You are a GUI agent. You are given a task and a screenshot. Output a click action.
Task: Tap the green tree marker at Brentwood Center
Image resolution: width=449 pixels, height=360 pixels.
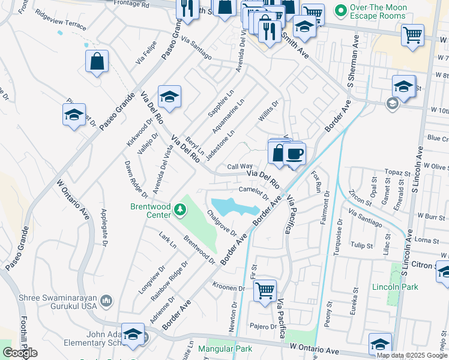(180, 210)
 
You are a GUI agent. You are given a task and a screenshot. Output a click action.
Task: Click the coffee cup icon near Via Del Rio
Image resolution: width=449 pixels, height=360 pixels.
(294, 154)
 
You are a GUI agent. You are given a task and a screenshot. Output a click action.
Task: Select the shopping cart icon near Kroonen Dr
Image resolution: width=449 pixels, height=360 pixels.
(265, 291)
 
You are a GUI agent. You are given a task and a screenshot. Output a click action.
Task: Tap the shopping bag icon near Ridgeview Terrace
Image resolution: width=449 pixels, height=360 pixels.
(97, 61)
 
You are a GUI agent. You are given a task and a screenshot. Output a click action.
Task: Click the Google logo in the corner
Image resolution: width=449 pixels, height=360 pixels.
(20, 353)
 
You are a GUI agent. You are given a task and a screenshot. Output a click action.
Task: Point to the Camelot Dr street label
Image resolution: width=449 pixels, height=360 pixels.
(253, 191)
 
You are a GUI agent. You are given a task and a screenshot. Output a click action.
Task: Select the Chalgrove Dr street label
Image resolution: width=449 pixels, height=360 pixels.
(221, 223)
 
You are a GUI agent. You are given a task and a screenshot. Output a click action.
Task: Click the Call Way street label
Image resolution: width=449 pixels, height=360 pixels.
(240, 166)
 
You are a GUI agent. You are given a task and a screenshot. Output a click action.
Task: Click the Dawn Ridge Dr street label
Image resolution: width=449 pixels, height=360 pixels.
(136, 179)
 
